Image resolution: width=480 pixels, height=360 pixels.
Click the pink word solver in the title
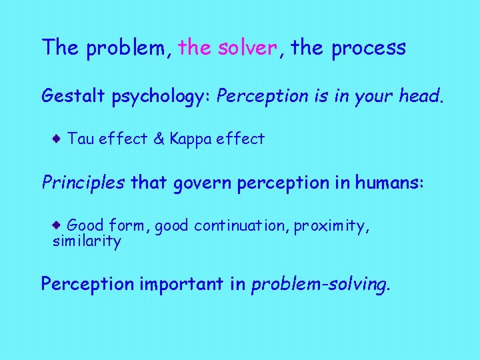247,48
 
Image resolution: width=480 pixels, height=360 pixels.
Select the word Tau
81,139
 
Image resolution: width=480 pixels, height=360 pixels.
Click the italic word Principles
83,183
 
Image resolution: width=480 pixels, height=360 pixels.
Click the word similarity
87,242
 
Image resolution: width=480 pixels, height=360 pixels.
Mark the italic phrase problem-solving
319,285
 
